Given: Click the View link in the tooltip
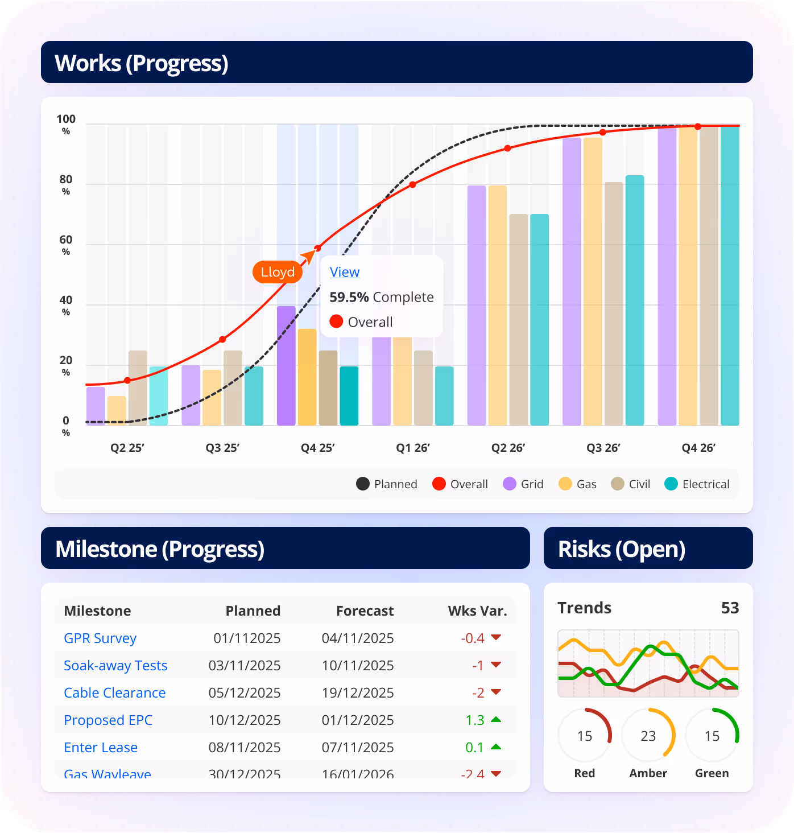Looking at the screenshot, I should [345, 272].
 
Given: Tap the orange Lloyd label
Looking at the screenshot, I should [278, 272].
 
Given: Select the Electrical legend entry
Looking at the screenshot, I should [697, 484].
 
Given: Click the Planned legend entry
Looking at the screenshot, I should [387, 484].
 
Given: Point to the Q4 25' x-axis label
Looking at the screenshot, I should [317, 448].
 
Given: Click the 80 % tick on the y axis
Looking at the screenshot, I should [66, 184].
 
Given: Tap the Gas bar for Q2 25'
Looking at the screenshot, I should [117, 411].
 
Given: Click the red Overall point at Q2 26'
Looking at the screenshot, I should [508, 149].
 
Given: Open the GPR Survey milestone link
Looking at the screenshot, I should [100, 638].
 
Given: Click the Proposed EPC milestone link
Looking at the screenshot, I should [108, 720].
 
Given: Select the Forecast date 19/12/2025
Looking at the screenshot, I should [358, 693].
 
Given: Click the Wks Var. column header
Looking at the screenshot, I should [477, 611].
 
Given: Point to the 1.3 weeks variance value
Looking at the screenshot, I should [475, 720].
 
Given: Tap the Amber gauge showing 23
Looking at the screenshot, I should [648, 736].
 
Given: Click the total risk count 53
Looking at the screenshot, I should [730, 608].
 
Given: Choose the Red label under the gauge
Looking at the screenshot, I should [585, 773].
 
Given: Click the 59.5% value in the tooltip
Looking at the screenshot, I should [349, 297].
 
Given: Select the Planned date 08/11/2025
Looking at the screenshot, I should [245, 748].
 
